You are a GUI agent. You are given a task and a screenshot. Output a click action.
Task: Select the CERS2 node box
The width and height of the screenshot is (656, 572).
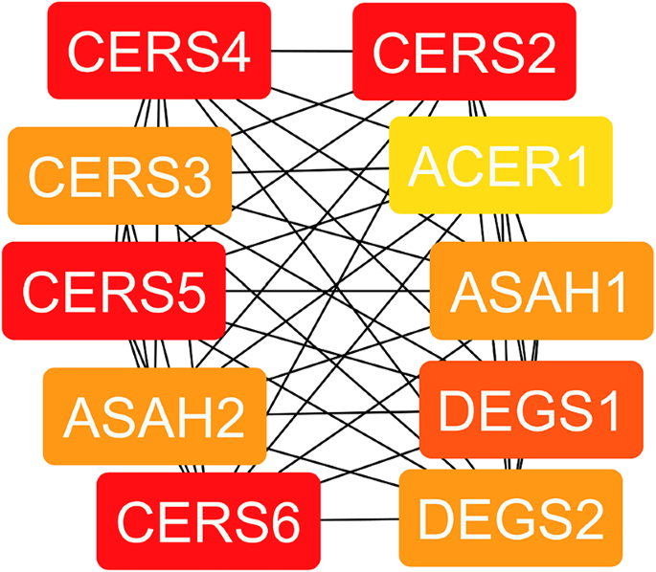[x=464, y=51]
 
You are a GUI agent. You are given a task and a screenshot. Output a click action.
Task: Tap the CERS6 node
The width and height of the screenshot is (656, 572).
[x=209, y=520]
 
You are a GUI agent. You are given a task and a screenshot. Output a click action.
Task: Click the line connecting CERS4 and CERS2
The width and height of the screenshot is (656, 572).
[x=312, y=51]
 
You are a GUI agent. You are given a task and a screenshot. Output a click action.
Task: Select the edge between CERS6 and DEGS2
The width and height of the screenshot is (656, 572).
[x=359, y=520]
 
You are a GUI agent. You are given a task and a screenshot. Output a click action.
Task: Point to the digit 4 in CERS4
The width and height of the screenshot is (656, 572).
[x=232, y=52]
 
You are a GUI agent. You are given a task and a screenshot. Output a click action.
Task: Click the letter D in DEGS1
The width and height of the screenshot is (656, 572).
[x=458, y=410]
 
